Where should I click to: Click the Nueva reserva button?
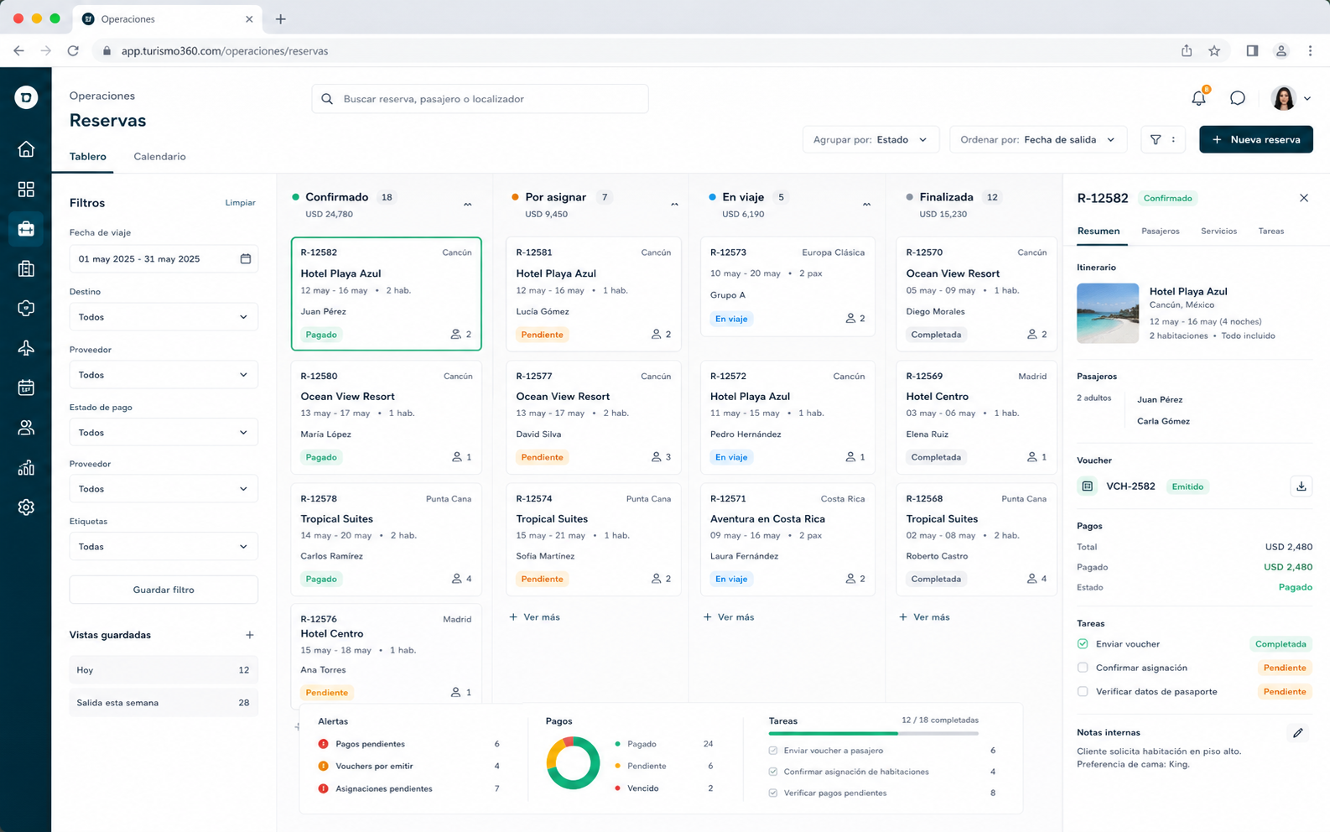click(1255, 139)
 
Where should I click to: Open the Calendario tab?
click(159, 156)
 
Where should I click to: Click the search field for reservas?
click(480, 99)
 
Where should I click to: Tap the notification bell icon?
click(1199, 98)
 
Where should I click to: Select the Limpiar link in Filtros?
click(241, 202)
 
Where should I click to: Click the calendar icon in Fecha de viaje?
click(245, 259)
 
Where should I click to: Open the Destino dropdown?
click(164, 317)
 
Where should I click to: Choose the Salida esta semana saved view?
click(164, 703)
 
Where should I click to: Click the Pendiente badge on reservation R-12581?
click(542, 335)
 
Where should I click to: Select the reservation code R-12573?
click(728, 252)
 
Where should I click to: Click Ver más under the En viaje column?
click(729, 617)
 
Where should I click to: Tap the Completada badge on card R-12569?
click(936, 457)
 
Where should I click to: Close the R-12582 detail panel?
click(1304, 198)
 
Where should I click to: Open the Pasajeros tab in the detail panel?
click(1161, 231)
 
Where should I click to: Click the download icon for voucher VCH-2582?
click(1301, 486)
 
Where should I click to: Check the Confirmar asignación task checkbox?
click(1083, 668)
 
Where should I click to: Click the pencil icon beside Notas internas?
click(1298, 733)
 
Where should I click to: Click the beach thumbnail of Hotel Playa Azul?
click(1108, 314)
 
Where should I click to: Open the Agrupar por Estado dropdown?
click(870, 139)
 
